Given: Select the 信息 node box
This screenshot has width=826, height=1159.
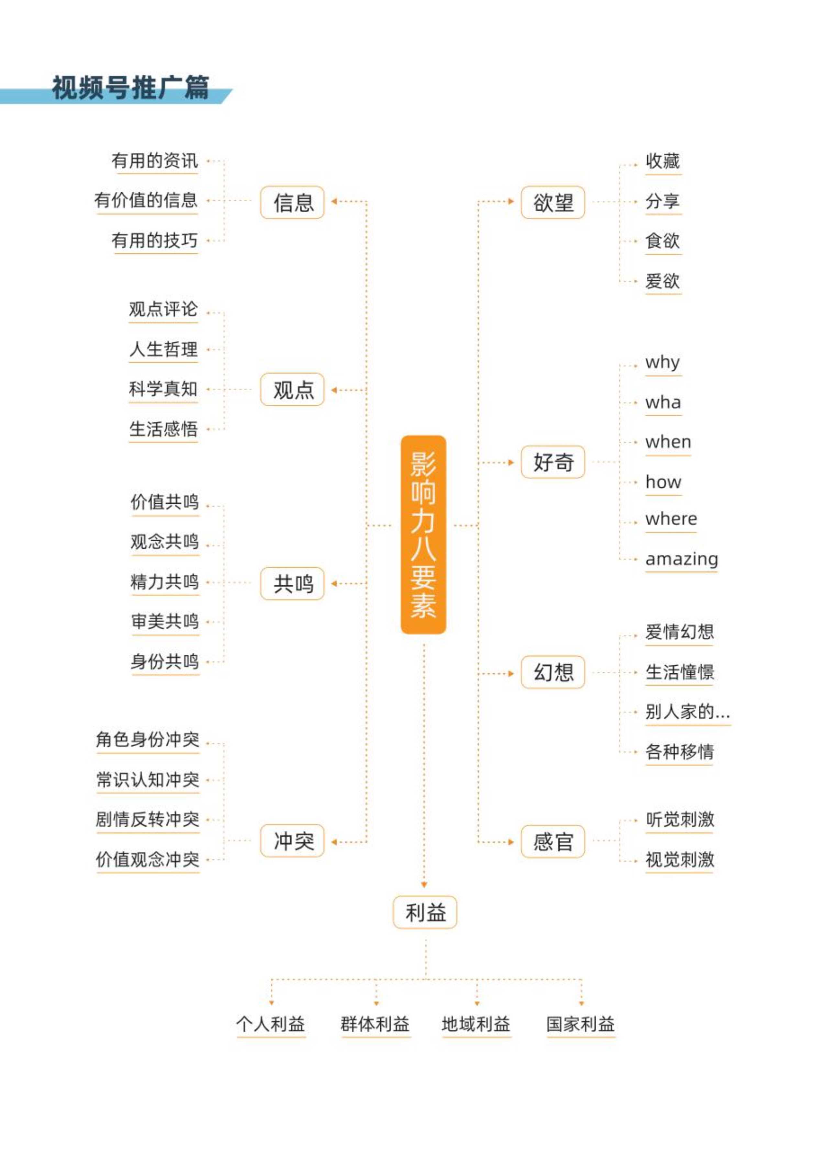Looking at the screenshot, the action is point(293,202).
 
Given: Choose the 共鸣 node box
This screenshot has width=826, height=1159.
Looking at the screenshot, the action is point(293,584).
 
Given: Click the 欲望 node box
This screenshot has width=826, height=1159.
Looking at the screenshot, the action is point(553,202).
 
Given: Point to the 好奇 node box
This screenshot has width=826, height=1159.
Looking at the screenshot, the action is point(553,462).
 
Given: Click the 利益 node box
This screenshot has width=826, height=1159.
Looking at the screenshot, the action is point(425,912).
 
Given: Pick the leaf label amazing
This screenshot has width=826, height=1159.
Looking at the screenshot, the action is point(682,559).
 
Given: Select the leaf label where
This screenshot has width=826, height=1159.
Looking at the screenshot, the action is point(671,519).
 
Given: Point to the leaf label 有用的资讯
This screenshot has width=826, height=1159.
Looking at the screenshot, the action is point(155,161).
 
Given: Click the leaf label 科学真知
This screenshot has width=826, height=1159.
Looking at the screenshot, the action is point(163,389).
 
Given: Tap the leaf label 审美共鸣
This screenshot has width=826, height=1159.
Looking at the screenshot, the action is point(165,621).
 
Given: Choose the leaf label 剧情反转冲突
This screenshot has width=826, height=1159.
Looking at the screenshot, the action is point(148,819).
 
